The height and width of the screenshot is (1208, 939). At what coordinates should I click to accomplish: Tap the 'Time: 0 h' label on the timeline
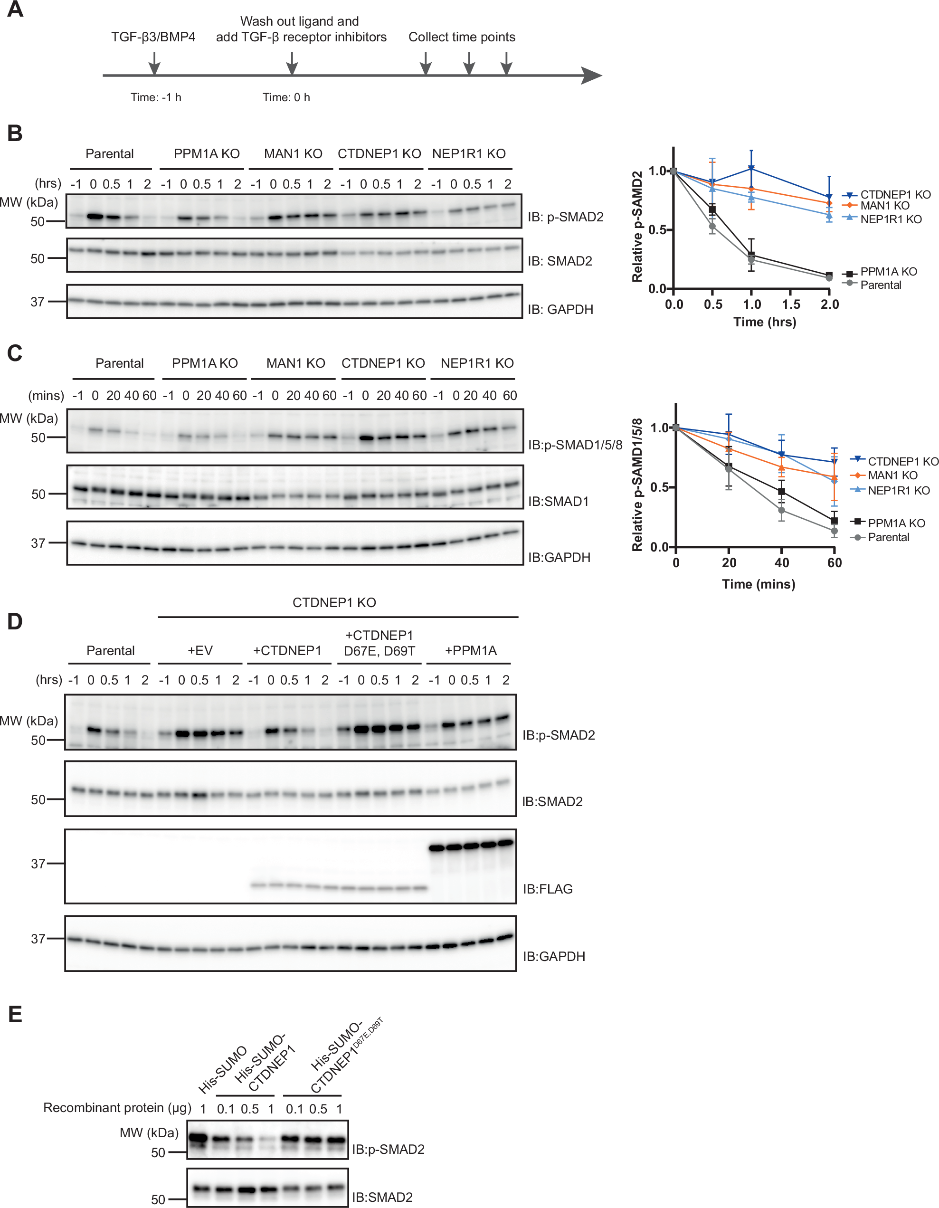[x=286, y=97]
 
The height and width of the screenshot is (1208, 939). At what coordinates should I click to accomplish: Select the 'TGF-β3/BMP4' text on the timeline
[x=153, y=37]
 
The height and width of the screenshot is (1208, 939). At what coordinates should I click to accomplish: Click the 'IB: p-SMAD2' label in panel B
[x=565, y=217]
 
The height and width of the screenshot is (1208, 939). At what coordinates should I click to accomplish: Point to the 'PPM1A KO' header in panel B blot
[x=206, y=154]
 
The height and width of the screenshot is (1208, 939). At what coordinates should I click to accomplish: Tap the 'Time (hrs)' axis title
[x=764, y=322]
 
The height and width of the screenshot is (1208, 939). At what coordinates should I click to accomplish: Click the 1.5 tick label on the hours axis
[x=791, y=304]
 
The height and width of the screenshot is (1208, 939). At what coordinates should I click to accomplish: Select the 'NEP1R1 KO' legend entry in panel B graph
[x=891, y=219]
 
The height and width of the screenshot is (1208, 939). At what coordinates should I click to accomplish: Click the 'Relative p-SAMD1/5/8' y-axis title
[x=637, y=485]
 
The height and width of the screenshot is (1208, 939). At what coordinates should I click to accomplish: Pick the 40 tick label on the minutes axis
[x=781, y=562]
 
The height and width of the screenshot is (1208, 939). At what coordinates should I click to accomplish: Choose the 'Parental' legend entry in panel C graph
[x=888, y=537]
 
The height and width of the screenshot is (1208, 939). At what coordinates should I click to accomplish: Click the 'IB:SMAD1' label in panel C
[x=558, y=501]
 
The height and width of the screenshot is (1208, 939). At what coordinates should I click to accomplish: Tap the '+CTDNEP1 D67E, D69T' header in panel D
[x=379, y=643]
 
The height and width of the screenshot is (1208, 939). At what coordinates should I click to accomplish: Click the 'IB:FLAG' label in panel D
[x=548, y=889]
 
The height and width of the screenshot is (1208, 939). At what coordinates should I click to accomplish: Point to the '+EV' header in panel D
[x=199, y=650]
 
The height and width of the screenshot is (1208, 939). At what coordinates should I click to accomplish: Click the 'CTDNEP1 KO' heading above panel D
[x=334, y=602]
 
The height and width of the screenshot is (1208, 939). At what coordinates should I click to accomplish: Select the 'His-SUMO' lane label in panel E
[x=222, y=1070]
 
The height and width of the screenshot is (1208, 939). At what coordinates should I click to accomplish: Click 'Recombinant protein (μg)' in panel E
[x=117, y=1107]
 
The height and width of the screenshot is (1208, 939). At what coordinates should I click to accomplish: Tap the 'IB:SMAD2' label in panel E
[x=382, y=1197]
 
